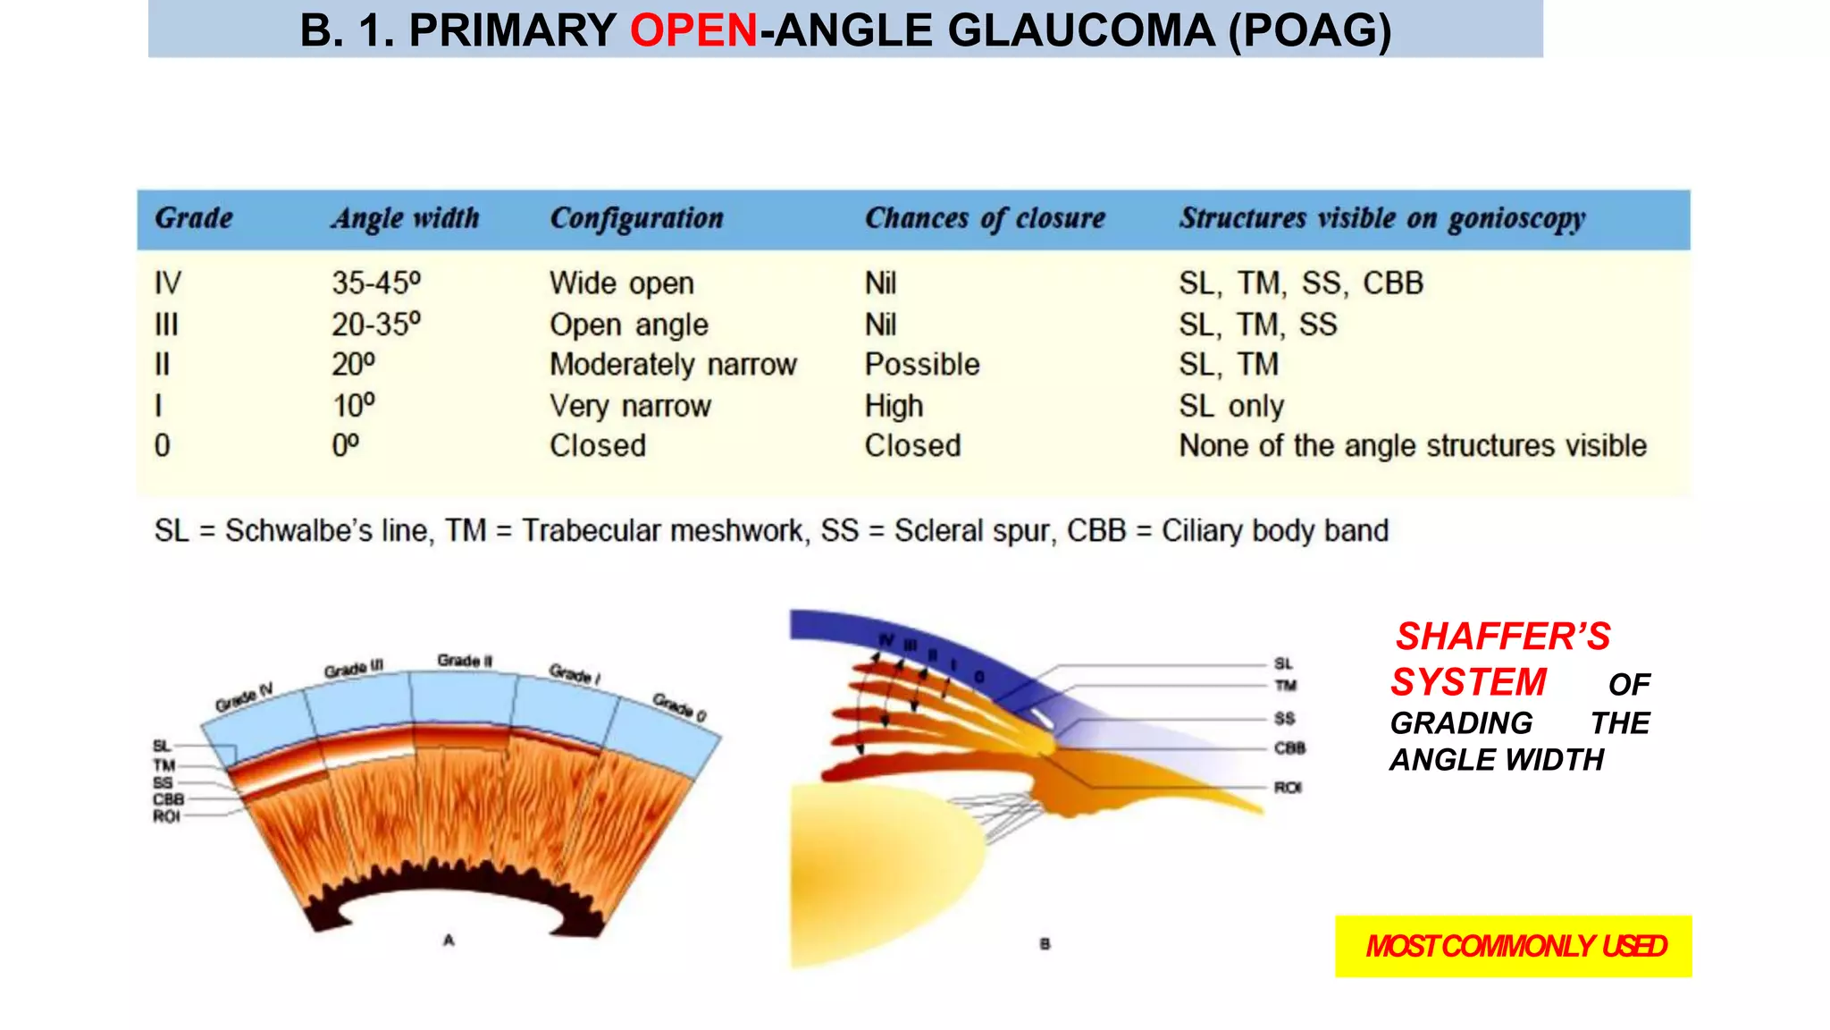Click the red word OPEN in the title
click(693, 30)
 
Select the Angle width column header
click(406, 218)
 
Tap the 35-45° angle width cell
click(376, 283)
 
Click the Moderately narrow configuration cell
click(673, 365)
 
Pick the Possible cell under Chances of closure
click(922, 365)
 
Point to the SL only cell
click(1231, 406)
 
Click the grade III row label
click(166, 325)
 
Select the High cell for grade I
click(894, 406)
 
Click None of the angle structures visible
click(1412, 445)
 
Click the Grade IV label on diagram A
click(243, 697)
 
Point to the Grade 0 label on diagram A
click(679, 707)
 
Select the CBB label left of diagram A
click(168, 799)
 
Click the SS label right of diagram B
click(1284, 719)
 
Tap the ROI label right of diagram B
click(1288, 788)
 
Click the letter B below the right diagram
click(1045, 943)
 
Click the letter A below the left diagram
click(449, 940)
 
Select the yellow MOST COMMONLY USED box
click(1513, 946)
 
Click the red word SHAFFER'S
click(1503, 637)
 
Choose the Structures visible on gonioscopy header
click(1381, 218)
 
